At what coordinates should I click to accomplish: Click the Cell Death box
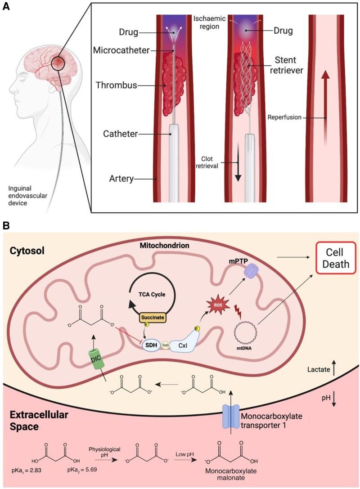pyautogui.click(x=336, y=258)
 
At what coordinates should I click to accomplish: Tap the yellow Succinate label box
pyautogui.click(x=153, y=318)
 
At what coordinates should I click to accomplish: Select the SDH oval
pyautogui.click(x=151, y=345)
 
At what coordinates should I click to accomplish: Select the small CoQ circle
pyautogui.click(x=165, y=345)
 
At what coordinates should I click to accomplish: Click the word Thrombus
pyautogui.click(x=117, y=85)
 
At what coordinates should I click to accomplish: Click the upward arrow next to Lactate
pyautogui.click(x=334, y=368)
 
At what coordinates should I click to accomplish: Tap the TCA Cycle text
pyautogui.click(x=152, y=294)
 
